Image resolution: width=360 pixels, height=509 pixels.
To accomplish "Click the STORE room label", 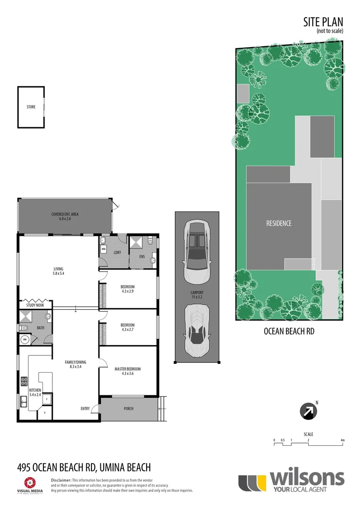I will coord(31,107).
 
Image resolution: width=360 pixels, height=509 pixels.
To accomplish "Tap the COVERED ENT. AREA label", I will coord(65,216).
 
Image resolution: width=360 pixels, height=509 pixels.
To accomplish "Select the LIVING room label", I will coord(58,271).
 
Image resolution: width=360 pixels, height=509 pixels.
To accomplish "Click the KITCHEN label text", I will coord(34,392).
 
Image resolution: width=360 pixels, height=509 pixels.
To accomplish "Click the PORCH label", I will coord(128,409).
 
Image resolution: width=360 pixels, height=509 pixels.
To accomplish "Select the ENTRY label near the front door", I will coord(85,409).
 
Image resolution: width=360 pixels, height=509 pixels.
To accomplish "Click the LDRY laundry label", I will coord(117,252).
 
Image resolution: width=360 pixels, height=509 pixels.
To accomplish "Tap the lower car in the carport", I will coord(196,330).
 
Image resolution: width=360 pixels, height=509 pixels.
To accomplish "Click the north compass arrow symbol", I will coord(308,411).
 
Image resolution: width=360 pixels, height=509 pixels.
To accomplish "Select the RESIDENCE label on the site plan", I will coord(278,223).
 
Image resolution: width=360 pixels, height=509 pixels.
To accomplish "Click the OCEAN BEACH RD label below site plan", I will coord(289,331).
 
